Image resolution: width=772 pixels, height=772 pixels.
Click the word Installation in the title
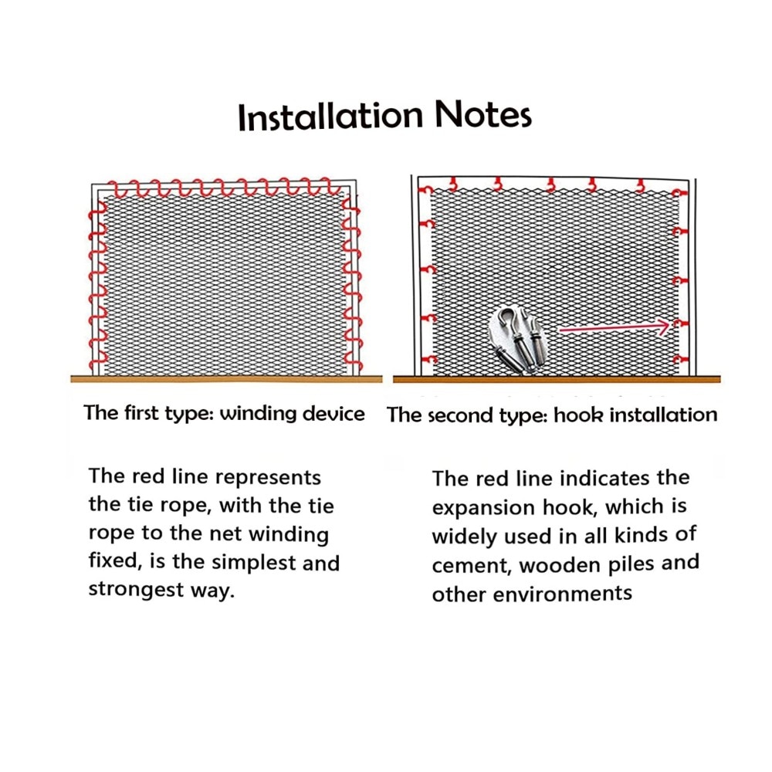330,117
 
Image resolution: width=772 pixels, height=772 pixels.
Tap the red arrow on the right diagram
615,327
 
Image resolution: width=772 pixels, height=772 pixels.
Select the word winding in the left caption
258,414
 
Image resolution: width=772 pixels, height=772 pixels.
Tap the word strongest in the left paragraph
136,590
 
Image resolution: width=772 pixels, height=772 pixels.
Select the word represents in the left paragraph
268,478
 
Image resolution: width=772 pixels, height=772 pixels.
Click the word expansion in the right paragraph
483,508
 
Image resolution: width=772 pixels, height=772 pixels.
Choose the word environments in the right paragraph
562,594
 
